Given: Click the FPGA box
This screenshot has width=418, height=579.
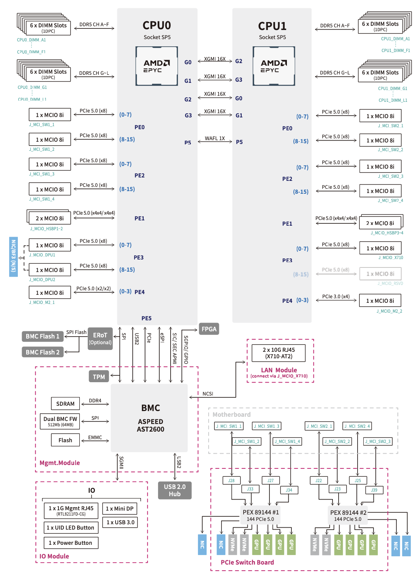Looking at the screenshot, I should [x=209, y=329].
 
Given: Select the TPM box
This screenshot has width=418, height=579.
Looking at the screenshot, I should [x=99, y=377].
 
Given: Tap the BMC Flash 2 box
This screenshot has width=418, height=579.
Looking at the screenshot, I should [x=43, y=352].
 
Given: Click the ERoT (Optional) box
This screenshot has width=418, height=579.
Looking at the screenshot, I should [x=100, y=339].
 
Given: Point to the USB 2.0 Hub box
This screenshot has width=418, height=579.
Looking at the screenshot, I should [x=175, y=490].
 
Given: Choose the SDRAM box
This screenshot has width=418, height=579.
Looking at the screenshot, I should [x=65, y=403].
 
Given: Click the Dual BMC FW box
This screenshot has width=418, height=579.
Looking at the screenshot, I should [x=60, y=421].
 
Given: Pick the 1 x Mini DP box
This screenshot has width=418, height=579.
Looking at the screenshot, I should [x=120, y=508].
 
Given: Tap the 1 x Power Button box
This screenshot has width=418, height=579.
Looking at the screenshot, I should [x=71, y=543].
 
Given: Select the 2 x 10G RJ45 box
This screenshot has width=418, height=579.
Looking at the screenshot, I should [x=279, y=353].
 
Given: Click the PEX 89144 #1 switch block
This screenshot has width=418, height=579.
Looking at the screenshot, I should [x=261, y=515].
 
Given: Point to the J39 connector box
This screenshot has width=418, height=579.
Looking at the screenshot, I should [x=374, y=490].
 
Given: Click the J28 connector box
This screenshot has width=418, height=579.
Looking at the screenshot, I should [x=231, y=481].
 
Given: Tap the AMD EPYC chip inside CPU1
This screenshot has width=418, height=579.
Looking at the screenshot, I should [x=274, y=66].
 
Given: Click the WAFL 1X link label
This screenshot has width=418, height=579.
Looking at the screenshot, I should [x=215, y=138].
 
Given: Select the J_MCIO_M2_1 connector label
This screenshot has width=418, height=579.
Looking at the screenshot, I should [x=42, y=302].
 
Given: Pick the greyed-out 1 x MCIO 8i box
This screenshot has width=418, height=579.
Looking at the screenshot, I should [x=380, y=274].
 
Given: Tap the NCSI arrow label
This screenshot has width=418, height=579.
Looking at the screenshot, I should [x=208, y=394].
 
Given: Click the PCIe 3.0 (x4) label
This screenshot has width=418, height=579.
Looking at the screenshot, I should [x=336, y=296].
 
